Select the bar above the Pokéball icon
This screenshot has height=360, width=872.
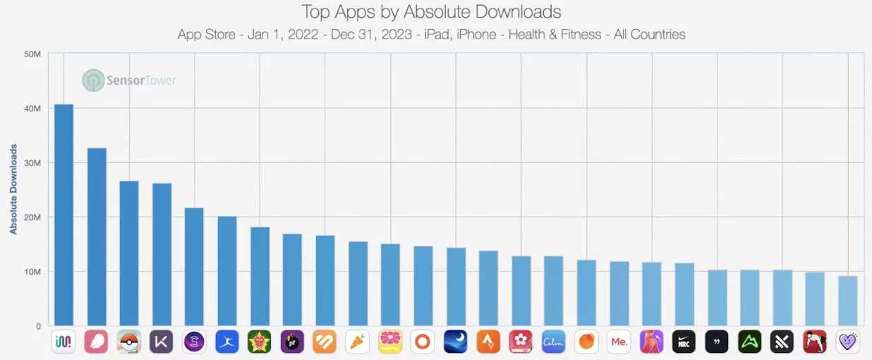point(129,253)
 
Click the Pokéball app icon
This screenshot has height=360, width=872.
point(129,342)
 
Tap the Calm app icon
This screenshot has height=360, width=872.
point(554,342)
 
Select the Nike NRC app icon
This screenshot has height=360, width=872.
point(684,342)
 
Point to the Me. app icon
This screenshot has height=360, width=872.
point(619,342)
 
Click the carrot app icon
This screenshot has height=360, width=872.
point(358,342)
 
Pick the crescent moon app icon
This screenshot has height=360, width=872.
point(456,342)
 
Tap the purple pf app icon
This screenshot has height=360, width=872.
point(292,342)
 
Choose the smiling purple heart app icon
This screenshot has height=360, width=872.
point(848,342)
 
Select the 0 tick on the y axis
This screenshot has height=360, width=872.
point(39,326)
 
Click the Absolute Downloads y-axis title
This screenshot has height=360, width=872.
point(13,189)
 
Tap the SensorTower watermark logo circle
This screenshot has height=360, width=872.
point(92,80)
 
